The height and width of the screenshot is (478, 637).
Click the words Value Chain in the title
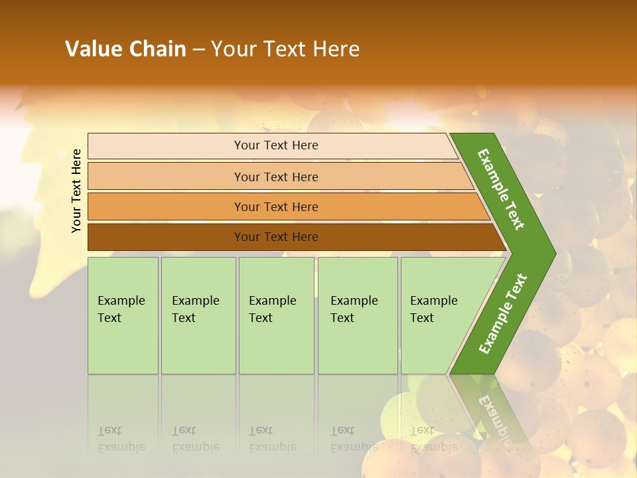pos(125,49)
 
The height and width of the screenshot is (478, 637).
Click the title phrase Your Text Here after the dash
pos(285,49)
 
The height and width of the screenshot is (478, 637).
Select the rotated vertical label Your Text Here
pos(76,191)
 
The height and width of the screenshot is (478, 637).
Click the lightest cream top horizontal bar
pos(166,145)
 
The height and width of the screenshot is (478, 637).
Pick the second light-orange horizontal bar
pos(166,177)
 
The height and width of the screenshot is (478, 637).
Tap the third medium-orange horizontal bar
pos(166,206)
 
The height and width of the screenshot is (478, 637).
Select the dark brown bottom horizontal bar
pos(166,237)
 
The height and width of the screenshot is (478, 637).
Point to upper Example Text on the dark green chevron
pos(501,189)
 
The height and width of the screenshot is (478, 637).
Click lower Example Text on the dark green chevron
pos(502,314)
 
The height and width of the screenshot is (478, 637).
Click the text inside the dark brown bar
pos(276,237)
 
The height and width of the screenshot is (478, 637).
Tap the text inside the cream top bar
pos(276,145)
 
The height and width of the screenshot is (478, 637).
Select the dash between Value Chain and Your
pos(198,50)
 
